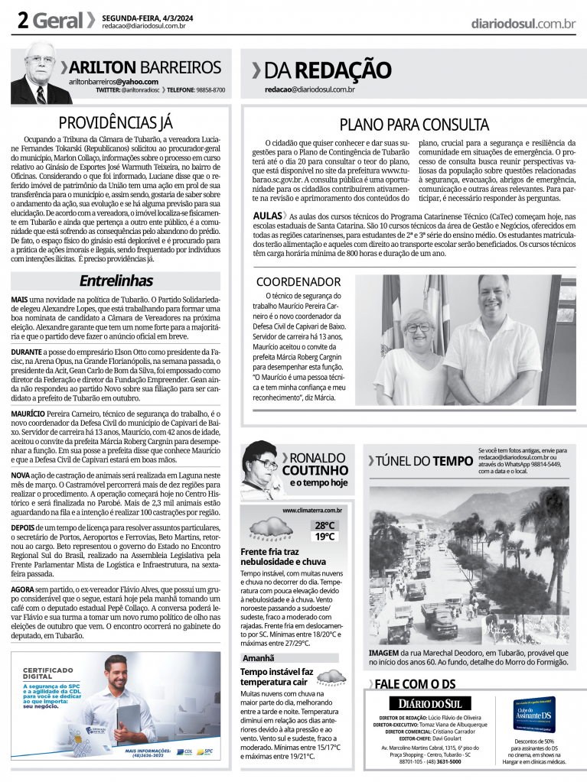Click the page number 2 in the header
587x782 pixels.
22,21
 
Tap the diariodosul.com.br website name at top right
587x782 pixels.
523,24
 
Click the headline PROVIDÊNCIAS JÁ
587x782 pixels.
116,122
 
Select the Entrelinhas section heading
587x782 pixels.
116,281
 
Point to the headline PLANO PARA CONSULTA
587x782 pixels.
413,124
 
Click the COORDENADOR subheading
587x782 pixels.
298,281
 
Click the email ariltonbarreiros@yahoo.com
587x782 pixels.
113,82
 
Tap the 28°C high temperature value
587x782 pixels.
324,525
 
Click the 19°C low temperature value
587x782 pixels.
324,537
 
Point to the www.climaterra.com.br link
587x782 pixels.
311,510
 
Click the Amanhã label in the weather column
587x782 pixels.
259,657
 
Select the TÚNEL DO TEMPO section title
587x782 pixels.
420,460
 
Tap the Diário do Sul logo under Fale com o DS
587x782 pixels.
429,703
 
